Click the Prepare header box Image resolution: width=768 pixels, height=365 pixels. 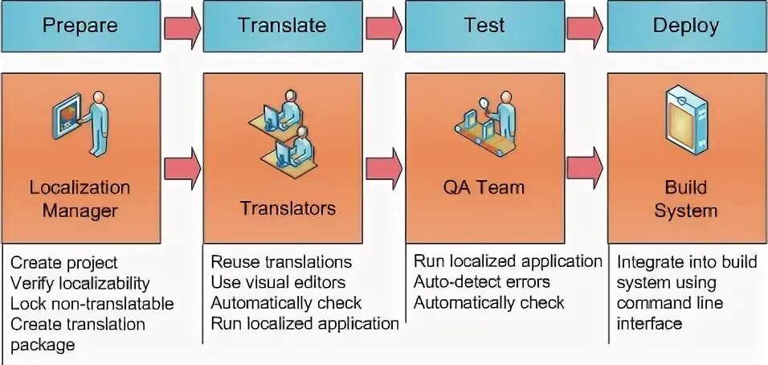pos(80,25)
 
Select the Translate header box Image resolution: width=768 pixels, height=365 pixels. pos(282,25)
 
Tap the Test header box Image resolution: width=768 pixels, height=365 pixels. pos(484,25)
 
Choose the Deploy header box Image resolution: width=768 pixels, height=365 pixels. pos(685,25)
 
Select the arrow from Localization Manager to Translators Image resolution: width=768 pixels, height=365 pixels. pos(182,166)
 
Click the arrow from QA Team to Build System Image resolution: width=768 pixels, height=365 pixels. pos(586,166)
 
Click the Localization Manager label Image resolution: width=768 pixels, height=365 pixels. pos(80,199)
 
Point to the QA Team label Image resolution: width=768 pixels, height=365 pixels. pos(484,188)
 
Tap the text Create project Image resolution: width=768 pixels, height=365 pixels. pos(64,263)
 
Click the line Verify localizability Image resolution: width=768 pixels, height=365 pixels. pos(80,283)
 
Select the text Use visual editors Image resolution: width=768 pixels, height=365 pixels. pos(278,282)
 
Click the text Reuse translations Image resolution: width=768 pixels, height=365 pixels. pos(281,262)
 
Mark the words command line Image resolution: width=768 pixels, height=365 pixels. pos(670,304)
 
